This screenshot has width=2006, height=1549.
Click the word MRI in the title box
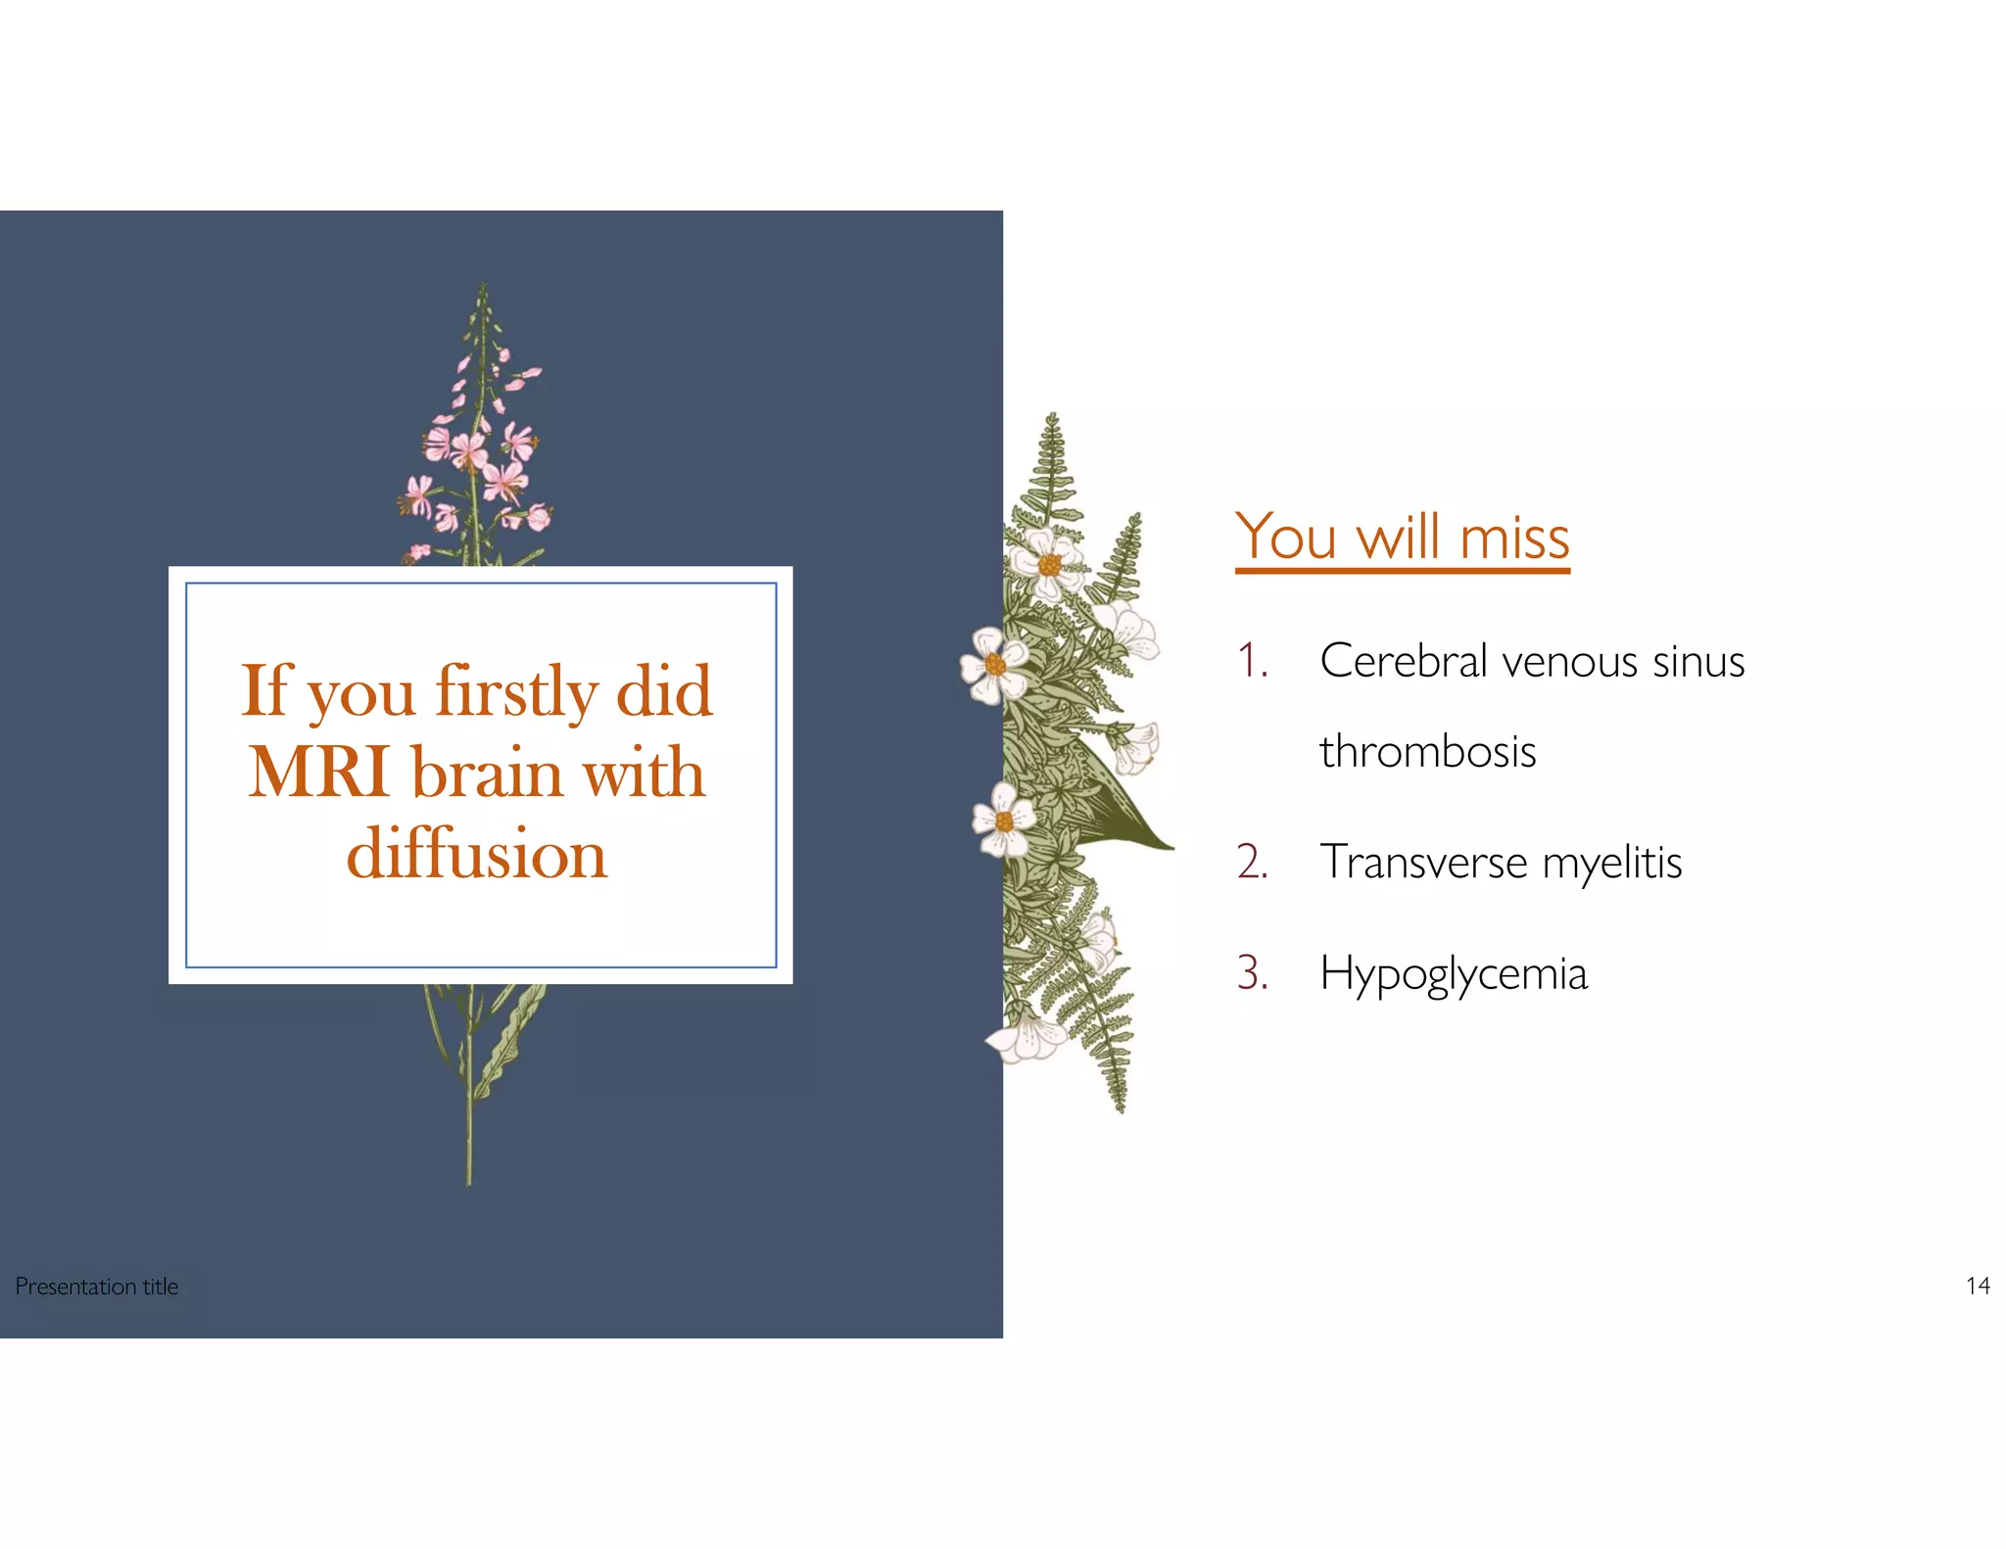(319, 773)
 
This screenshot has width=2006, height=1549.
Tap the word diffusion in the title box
(477, 854)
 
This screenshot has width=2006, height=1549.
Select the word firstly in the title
(516, 691)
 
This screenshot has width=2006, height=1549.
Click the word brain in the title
(487, 773)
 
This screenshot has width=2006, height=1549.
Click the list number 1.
(1252, 661)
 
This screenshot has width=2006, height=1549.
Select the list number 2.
(1252, 863)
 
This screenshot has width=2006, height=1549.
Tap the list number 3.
(1252, 973)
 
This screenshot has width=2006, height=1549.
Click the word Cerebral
(1404, 661)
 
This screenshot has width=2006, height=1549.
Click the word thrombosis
(1427, 752)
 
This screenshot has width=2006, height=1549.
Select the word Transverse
(1423, 863)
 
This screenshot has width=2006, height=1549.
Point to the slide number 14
(1978, 1286)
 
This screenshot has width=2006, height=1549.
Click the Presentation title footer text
(97, 1287)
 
